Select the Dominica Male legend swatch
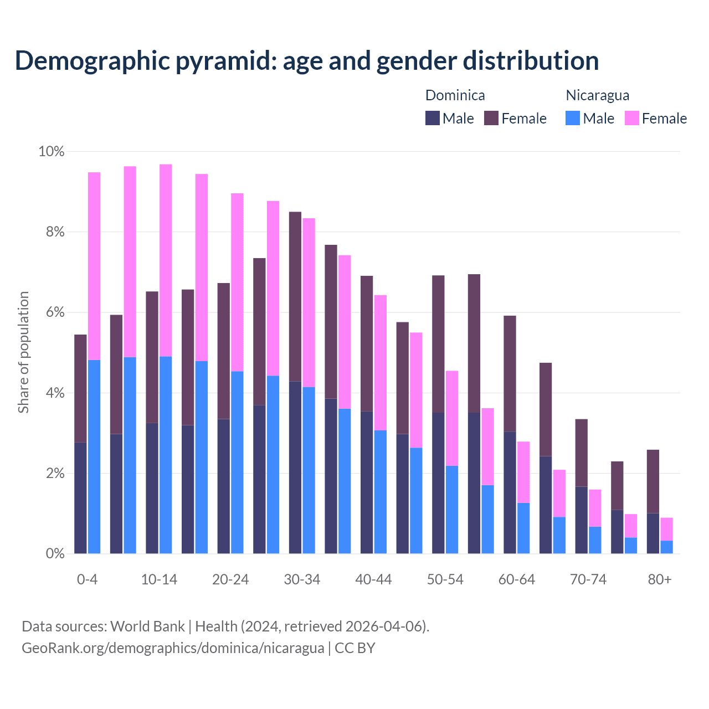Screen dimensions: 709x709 (433, 118)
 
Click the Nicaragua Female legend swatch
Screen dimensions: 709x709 (632, 118)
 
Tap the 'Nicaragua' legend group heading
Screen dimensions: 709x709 (597, 95)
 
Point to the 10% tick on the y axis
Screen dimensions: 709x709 (52, 151)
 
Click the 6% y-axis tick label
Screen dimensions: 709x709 (55, 312)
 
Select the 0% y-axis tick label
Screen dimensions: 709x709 (55, 554)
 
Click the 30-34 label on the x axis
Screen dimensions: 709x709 (302, 579)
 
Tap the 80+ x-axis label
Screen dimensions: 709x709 (660, 579)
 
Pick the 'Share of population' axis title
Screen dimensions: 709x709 (24, 352)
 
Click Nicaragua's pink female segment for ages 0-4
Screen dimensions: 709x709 (94, 266)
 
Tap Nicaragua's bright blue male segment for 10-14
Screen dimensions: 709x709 (166, 455)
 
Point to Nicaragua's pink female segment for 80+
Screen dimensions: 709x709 (666, 529)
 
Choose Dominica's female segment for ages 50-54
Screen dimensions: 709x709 (438, 343)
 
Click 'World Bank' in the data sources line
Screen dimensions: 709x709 (147, 626)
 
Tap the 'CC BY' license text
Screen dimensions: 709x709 (355, 648)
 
